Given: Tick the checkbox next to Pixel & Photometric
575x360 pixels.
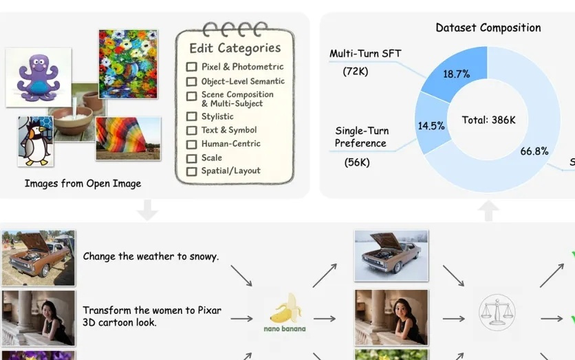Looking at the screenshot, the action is coord(191,67).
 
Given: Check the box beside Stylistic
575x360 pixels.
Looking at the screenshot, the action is coord(191,116).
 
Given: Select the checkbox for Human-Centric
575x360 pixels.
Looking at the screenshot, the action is coord(191,145).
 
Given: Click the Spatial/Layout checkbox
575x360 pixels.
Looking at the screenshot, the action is coord(191,171).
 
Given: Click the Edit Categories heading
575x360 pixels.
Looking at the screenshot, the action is coord(235,48).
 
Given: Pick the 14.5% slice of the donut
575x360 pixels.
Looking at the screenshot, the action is coord(432,123).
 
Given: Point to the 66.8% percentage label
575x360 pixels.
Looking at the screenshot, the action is coord(534,151).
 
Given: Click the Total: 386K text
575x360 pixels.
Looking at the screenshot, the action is coord(488,120).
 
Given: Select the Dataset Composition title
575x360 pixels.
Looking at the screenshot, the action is coord(488,28).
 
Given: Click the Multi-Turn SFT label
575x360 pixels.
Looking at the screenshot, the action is coord(365,54).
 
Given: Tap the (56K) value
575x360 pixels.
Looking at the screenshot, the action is coord(357,162).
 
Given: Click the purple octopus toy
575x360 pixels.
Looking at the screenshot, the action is coord(39,78).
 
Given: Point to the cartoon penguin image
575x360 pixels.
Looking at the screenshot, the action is coord(36,141).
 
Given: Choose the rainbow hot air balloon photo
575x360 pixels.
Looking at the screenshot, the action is coord(128,138).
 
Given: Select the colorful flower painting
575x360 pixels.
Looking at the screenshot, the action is coord(128,64).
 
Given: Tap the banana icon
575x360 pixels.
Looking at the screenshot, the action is coord(285,308).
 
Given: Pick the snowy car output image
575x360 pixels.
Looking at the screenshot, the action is coord(391,256).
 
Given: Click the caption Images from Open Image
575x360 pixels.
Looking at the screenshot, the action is coord(83,184).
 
